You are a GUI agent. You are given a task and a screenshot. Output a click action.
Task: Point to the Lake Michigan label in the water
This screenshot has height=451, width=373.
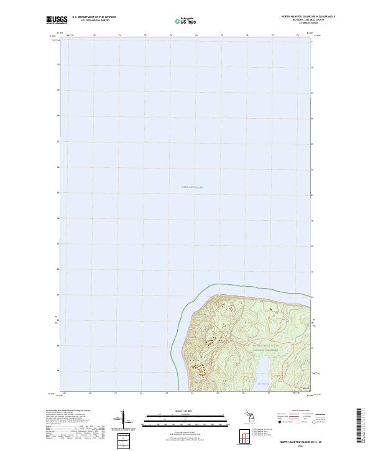tap(192, 187)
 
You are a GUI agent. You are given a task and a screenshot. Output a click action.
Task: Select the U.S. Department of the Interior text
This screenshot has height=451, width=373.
tap(94, 17)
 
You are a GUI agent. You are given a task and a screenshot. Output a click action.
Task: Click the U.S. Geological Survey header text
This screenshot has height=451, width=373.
tap(94, 21)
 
